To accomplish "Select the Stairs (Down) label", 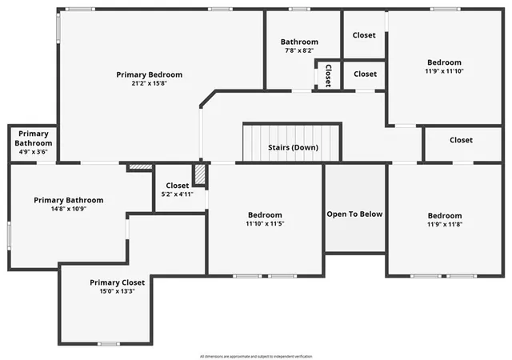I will (x=292, y=147).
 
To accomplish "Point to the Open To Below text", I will (x=354, y=214).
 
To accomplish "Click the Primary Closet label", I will (x=117, y=282).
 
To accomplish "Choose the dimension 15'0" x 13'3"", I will (x=117, y=291).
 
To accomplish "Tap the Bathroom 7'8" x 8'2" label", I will (x=299, y=46).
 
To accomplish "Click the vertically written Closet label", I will (x=328, y=75).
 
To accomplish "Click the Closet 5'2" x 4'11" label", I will (x=178, y=190).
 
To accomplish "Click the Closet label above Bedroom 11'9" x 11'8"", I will (x=461, y=140).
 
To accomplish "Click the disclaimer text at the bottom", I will (x=255, y=354).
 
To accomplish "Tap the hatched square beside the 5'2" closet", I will (x=200, y=174).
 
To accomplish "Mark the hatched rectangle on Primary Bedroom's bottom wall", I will (x=140, y=166).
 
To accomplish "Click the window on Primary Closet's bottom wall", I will (x=109, y=343).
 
